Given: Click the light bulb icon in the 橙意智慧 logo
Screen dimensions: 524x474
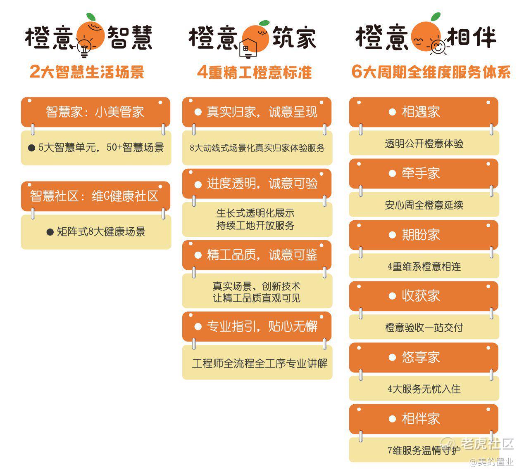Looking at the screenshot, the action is (84, 48).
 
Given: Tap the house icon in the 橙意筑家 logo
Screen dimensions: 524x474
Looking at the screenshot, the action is (248, 49).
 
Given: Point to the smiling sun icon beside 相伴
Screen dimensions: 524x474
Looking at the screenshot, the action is (438, 47).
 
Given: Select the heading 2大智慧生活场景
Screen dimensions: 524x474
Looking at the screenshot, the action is (87, 71).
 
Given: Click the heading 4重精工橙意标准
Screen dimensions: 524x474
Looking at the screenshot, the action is (255, 72).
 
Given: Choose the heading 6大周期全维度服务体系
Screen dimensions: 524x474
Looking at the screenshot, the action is (431, 71).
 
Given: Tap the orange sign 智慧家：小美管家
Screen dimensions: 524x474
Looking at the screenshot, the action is (95, 112).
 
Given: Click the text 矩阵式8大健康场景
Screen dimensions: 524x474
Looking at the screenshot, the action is (101, 232).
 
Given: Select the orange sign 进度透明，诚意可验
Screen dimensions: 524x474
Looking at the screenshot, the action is (257, 184).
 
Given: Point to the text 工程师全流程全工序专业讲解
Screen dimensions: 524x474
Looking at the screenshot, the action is (260, 363).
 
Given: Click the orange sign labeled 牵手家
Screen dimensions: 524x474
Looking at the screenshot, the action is (424, 174).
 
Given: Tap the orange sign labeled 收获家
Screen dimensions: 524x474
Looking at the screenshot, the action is (424, 296).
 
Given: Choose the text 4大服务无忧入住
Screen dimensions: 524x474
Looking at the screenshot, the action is (424, 389).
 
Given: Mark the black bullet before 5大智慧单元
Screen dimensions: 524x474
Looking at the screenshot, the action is (31, 148).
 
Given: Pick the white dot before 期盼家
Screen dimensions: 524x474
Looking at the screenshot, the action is (392, 235).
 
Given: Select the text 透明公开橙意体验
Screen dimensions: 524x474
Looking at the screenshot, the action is (424, 144).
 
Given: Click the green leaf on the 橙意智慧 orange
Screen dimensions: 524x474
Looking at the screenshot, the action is (91, 17).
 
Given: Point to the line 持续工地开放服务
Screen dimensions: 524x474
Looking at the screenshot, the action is (255, 225).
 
